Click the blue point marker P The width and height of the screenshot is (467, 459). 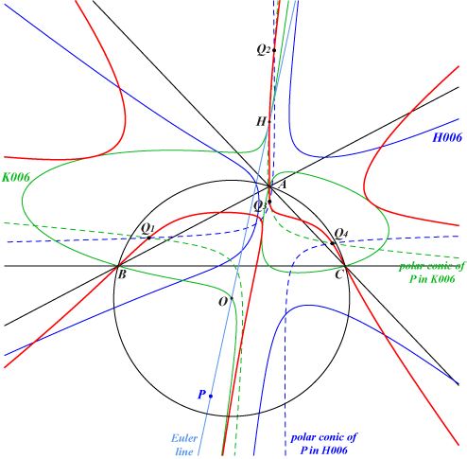coord(211,397)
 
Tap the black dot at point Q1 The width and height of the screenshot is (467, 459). coord(149,238)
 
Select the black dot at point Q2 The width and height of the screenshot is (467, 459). coord(274,50)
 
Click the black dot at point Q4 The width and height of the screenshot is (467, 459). coord(332,243)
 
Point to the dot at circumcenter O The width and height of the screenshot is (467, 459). coord(232,298)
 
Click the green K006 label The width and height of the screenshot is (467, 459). coord(16,177)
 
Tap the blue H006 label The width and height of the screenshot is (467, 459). coord(447,137)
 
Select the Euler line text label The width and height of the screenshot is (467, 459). coord(184,445)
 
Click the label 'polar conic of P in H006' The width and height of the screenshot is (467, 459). coord(323,443)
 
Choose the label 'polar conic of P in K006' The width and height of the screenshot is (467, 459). coord(432,273)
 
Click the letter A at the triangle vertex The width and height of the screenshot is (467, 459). coord(282,185)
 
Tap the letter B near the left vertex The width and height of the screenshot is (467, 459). coord(122,274)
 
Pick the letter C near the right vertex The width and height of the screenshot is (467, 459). coord(338,274)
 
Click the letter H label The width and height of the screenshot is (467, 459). coord(261,121)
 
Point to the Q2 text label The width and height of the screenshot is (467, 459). coord(264,49)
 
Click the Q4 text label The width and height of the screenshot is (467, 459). coord(341,234)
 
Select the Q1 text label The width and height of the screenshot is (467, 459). coord(148,228)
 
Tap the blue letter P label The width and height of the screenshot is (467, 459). coord(201,395)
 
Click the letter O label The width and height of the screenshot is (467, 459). coord(223,302)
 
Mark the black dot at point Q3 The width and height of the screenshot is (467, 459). coord(269,202)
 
